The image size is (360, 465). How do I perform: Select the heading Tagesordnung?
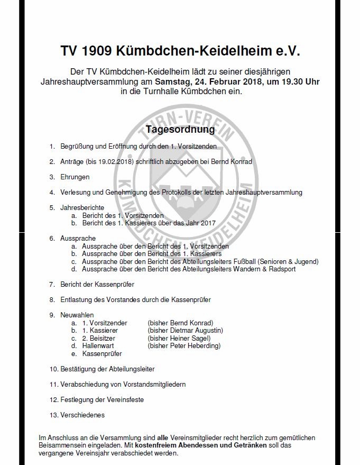[180, 129]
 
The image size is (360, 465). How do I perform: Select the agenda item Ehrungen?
[75, 177]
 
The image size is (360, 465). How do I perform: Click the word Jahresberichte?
[82, 208]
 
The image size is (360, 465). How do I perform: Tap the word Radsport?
[280, 269]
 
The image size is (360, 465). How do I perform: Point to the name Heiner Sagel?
[191, 339]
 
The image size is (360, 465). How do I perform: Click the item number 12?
[53, 399]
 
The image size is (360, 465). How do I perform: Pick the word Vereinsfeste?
[125, 399]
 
